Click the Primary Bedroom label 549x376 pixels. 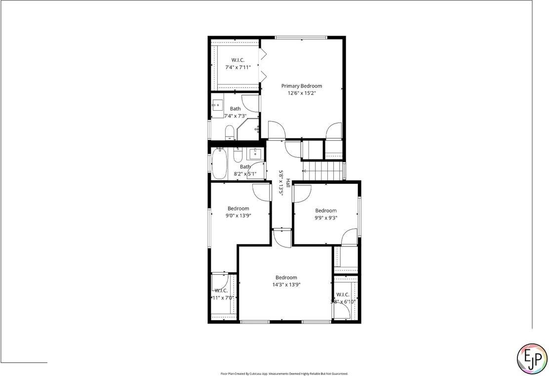point(301,86)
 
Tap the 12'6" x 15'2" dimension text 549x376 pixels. point(301,93)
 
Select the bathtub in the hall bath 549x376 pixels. point(219,164)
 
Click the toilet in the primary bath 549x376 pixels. point(230,132)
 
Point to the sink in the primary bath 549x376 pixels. point(218,105)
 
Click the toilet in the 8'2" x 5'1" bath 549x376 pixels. point(237,156)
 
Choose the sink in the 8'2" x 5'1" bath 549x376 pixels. point(256,152)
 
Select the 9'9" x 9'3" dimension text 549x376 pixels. point(326,217)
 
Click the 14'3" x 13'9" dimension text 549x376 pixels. point(286,285)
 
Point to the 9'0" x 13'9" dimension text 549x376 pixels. point(239,215)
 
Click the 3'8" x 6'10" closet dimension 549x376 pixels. point(344,301)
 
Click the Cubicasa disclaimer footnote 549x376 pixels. point(284,374)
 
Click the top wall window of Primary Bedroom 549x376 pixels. point(301,38)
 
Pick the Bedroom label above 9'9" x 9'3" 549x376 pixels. point(326,210)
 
